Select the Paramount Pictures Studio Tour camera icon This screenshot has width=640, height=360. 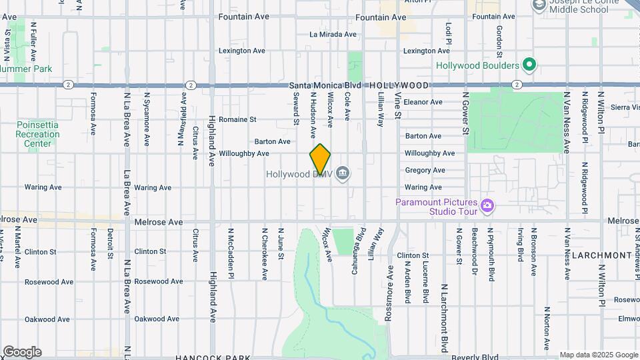[488, 205]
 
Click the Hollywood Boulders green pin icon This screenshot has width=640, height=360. [529, 65]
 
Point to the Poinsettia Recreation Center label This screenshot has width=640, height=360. [38, 134]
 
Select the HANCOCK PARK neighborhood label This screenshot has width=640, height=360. [212, 357]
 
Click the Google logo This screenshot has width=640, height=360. [22, 352]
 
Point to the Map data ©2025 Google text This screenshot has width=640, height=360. [598, 355]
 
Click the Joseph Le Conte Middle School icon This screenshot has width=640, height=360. [539, 5]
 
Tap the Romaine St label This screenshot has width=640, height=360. [238, 119]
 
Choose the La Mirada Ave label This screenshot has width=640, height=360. [333, 34]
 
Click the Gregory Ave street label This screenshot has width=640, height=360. [425, 170]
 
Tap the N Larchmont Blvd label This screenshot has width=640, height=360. [443, 318]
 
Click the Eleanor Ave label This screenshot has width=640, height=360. [423, 102]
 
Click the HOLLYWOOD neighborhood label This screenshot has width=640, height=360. [399, 85]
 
